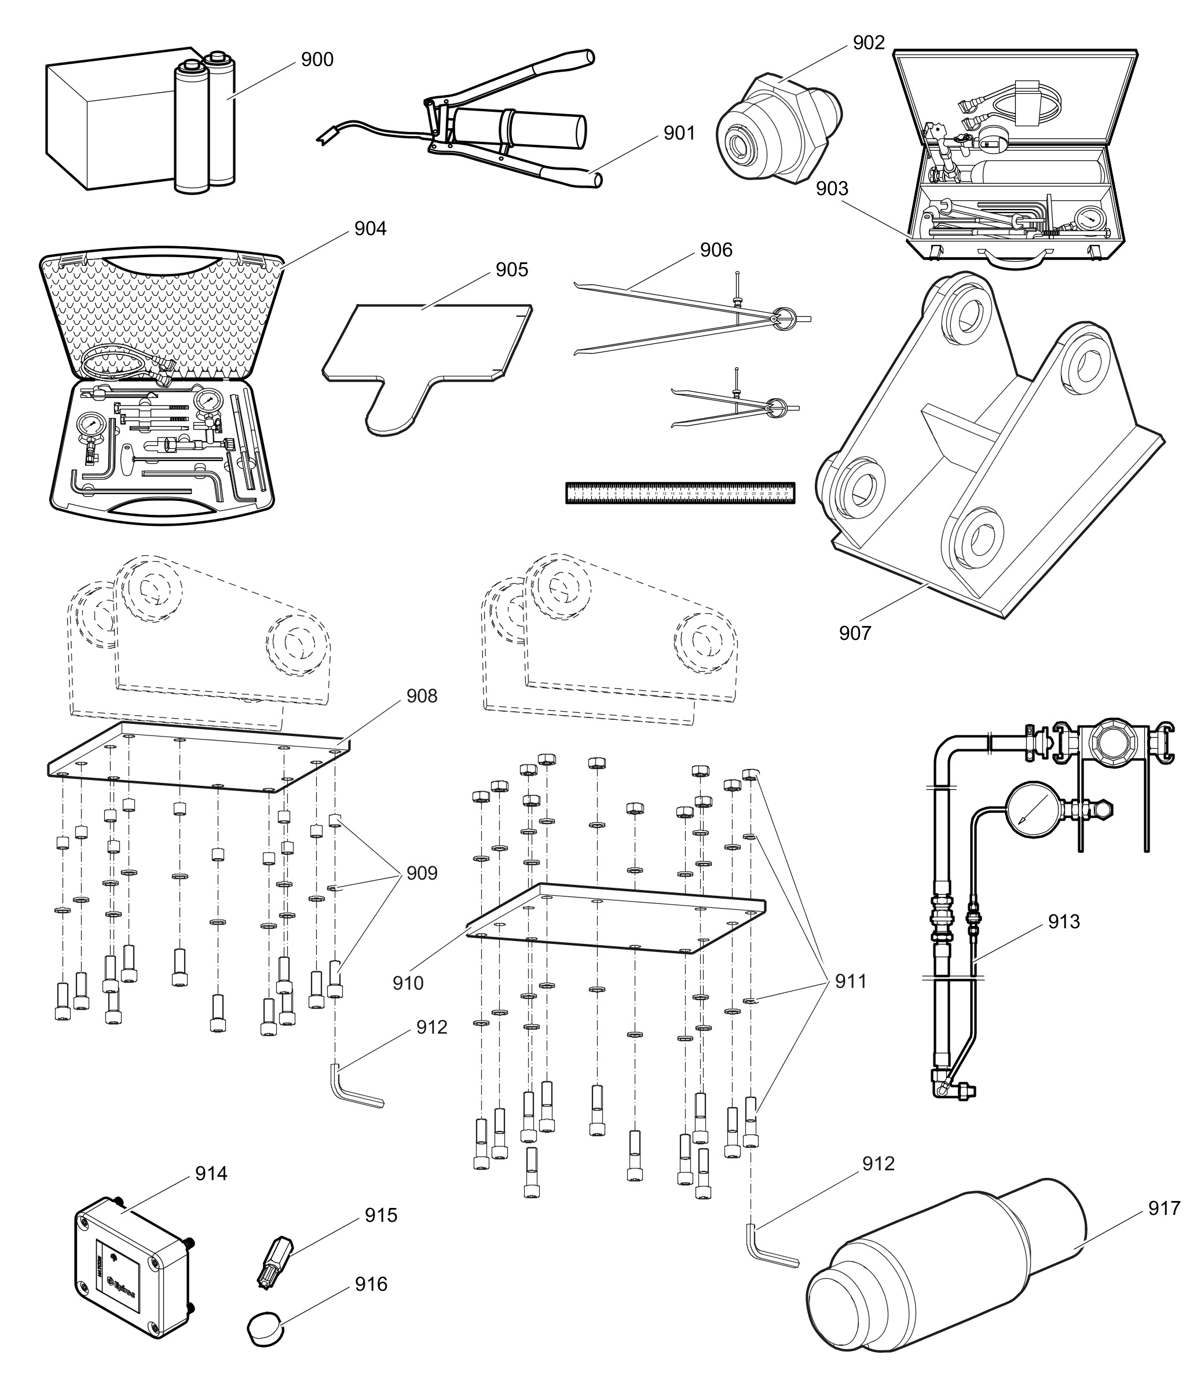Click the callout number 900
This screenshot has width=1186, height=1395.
[x=317, y=60]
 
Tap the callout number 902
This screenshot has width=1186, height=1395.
[x=869, y=43]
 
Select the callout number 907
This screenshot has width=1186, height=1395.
[x=855, y=634]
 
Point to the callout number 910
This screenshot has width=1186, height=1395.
[x=408, y=983]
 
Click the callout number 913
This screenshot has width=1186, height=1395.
[x=1064, y=922]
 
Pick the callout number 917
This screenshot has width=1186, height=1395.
[x=1164, y=1209]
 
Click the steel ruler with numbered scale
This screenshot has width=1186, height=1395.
[x=680, y=493]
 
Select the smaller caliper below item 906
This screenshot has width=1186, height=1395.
[x=737, y=409]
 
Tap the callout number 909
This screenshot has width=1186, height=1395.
[x=422, y=873]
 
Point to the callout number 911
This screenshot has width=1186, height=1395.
[x=851, y=982]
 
